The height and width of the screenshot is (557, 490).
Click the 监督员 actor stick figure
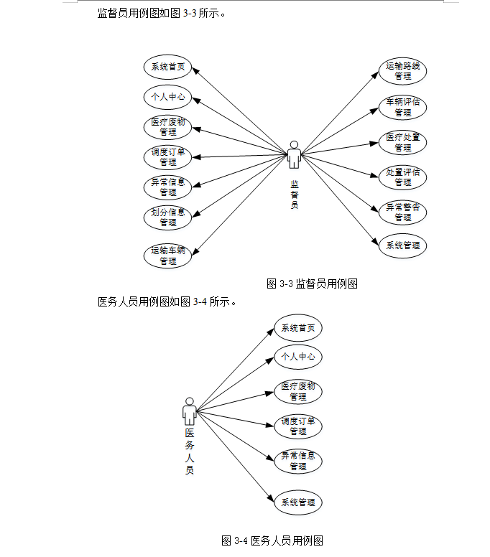point(294,154)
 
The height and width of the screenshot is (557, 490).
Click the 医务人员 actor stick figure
point(189,411)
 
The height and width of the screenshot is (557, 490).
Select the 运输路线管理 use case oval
point(402,71)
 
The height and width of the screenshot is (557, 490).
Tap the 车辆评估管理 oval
point(402,107)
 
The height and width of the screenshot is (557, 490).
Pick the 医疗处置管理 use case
point(402,142)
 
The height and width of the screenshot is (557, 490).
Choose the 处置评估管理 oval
point(402,177)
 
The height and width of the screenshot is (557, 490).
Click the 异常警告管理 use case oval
point(402,212)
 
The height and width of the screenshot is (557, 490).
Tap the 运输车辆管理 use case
point(167,256)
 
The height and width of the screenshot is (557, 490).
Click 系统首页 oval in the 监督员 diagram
point(167,68)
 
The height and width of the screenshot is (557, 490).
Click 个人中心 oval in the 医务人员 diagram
point(297,356)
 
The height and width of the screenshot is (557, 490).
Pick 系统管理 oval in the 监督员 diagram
point(402,245)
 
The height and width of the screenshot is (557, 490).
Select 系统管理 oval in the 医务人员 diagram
point(297,502)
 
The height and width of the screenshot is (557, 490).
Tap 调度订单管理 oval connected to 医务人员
point(297,426)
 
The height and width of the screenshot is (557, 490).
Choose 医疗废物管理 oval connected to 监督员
point(167,126)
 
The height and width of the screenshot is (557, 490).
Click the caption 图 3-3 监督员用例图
point(312,284)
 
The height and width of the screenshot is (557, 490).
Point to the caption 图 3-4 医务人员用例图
point(273,540)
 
